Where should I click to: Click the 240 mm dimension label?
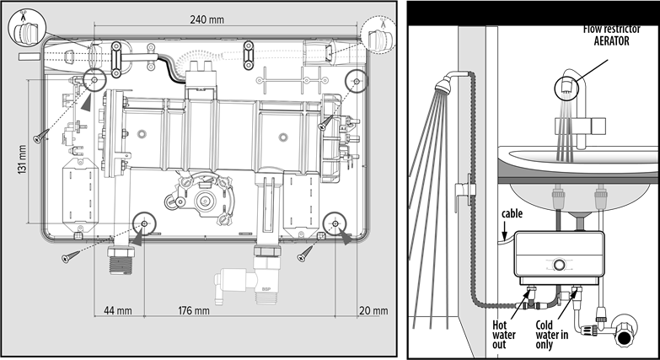pyautogui.click(x=208, y=19)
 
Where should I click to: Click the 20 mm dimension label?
pyautogui.click(x=369, y=310)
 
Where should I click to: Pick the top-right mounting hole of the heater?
pyautogui.click(x=357, y=82)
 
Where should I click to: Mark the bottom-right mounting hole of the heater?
pyautogui.click(x=335, y=224)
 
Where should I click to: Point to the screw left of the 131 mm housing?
pyautogui.click(x=39, y=136)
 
